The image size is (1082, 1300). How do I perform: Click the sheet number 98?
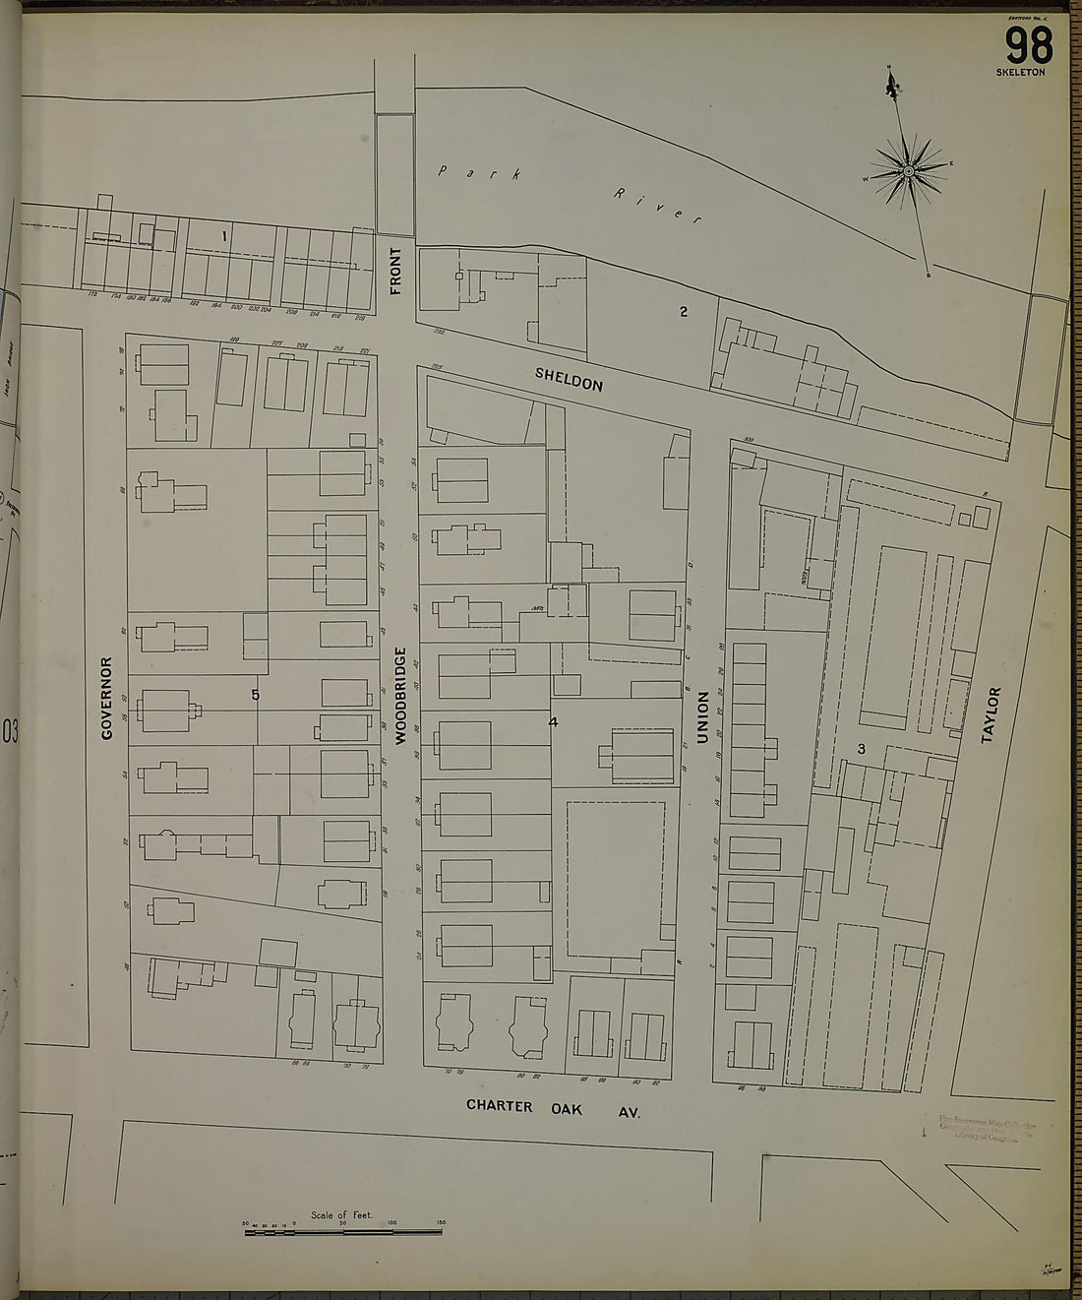[1028, 45]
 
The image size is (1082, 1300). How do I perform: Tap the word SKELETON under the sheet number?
[1020, 73]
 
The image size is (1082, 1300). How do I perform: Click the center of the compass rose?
[909, 172]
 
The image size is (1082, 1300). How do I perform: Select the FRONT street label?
[396, 272]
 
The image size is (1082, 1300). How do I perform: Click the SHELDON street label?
[569, 379]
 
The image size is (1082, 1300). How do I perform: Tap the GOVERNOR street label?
[107, 698]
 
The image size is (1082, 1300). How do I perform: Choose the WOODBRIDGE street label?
[400, 695]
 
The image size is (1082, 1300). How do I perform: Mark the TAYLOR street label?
[991, 714]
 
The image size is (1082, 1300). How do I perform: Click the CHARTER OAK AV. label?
[553, 1108]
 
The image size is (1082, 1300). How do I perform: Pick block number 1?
[224, 235]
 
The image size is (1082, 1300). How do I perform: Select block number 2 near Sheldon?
[683, 312]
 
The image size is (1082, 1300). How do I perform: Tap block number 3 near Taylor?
[861, 749]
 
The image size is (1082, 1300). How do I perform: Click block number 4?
[553, 721]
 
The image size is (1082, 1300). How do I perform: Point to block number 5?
[255, 695]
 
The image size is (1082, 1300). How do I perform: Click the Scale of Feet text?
[341, 1215]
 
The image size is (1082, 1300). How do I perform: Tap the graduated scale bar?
[342, 1230]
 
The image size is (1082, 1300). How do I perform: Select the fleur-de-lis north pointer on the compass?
[893, 87]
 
